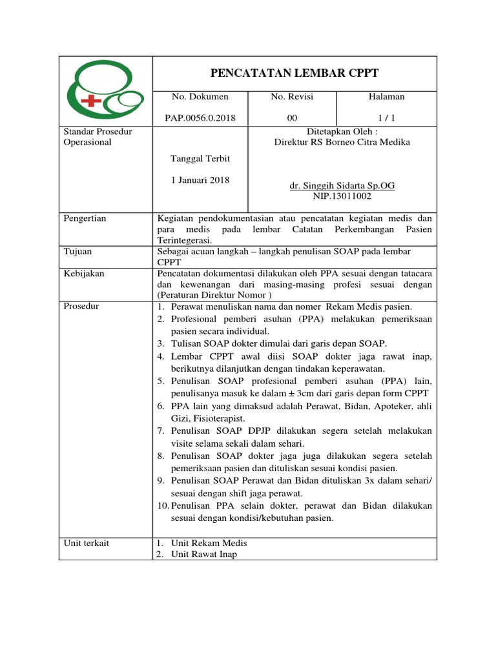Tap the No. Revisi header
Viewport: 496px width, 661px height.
coord(292,97)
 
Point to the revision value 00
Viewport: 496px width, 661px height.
coord(292,117)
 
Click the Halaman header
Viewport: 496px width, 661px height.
coord(386,97)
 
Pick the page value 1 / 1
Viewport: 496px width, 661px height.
coord(386,117)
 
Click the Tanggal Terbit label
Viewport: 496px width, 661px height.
coord(200,159)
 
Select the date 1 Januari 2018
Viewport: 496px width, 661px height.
coord(200,180)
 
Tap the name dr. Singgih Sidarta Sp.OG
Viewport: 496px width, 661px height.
coord(342,186)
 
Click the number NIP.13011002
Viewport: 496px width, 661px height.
coord(342,196)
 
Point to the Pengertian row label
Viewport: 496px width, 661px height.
coord(85,219)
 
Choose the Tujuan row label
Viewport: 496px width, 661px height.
coord(79,250)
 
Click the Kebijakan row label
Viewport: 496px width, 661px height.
coord(84,274)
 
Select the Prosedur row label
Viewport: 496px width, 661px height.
coord(81,306)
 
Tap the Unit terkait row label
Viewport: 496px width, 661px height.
coord(86,544)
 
